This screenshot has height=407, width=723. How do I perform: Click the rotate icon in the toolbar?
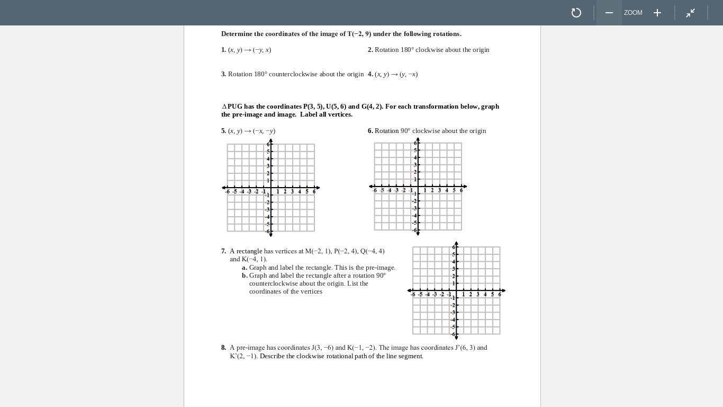pyautogui.click(x=576, y=13)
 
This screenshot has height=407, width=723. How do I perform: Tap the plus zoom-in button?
pyautogui.click(x=657, y=13)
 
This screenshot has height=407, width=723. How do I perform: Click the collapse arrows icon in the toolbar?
pyautogui.click(x=691, y=13)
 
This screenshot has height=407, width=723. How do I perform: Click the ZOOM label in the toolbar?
pyautogui.click(x=633, y=13)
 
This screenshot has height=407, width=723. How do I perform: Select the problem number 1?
pyautogui.click(x=223, y=50)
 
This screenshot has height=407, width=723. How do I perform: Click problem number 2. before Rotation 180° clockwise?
pyautogui.click(x=370, y=50)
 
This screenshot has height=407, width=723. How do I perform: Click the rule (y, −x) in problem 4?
pyautogui.click(x=409, y=74)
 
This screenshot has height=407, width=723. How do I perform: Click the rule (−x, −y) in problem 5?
pyautogui.click(x=264, y=131)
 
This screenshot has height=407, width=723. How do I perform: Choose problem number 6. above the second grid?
pyautogui.click(x=370, y=131)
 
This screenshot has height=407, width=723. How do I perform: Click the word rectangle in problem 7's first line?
pyautogui.click(x=249, y=251)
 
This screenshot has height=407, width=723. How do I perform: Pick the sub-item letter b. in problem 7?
pyautogui.click(x=245, y=276)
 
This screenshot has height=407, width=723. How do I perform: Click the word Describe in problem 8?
pyautogui.click(x=272, y=356)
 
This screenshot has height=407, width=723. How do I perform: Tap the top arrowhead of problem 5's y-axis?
pyautogui.click(x=271, y=140)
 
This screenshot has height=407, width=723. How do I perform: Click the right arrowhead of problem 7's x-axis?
pyautogui.click(x=503, y=290)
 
